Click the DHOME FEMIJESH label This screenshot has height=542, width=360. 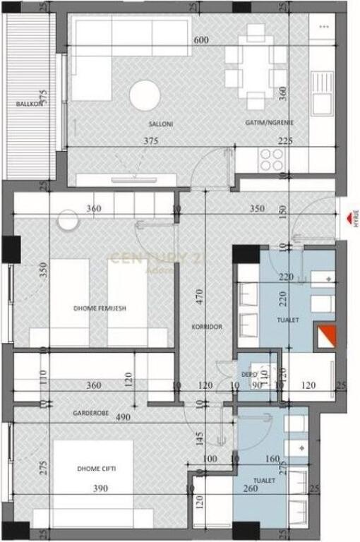(x=100, y=308)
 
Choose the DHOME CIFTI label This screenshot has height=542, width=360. (x=97, y=469)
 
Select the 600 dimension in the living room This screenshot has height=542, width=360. (x=200, y=41)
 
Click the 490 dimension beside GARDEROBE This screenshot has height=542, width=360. (x=124, y=417)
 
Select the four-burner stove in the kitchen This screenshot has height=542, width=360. (x=271, y=160)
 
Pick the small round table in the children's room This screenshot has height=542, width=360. (x=68, y=219)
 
